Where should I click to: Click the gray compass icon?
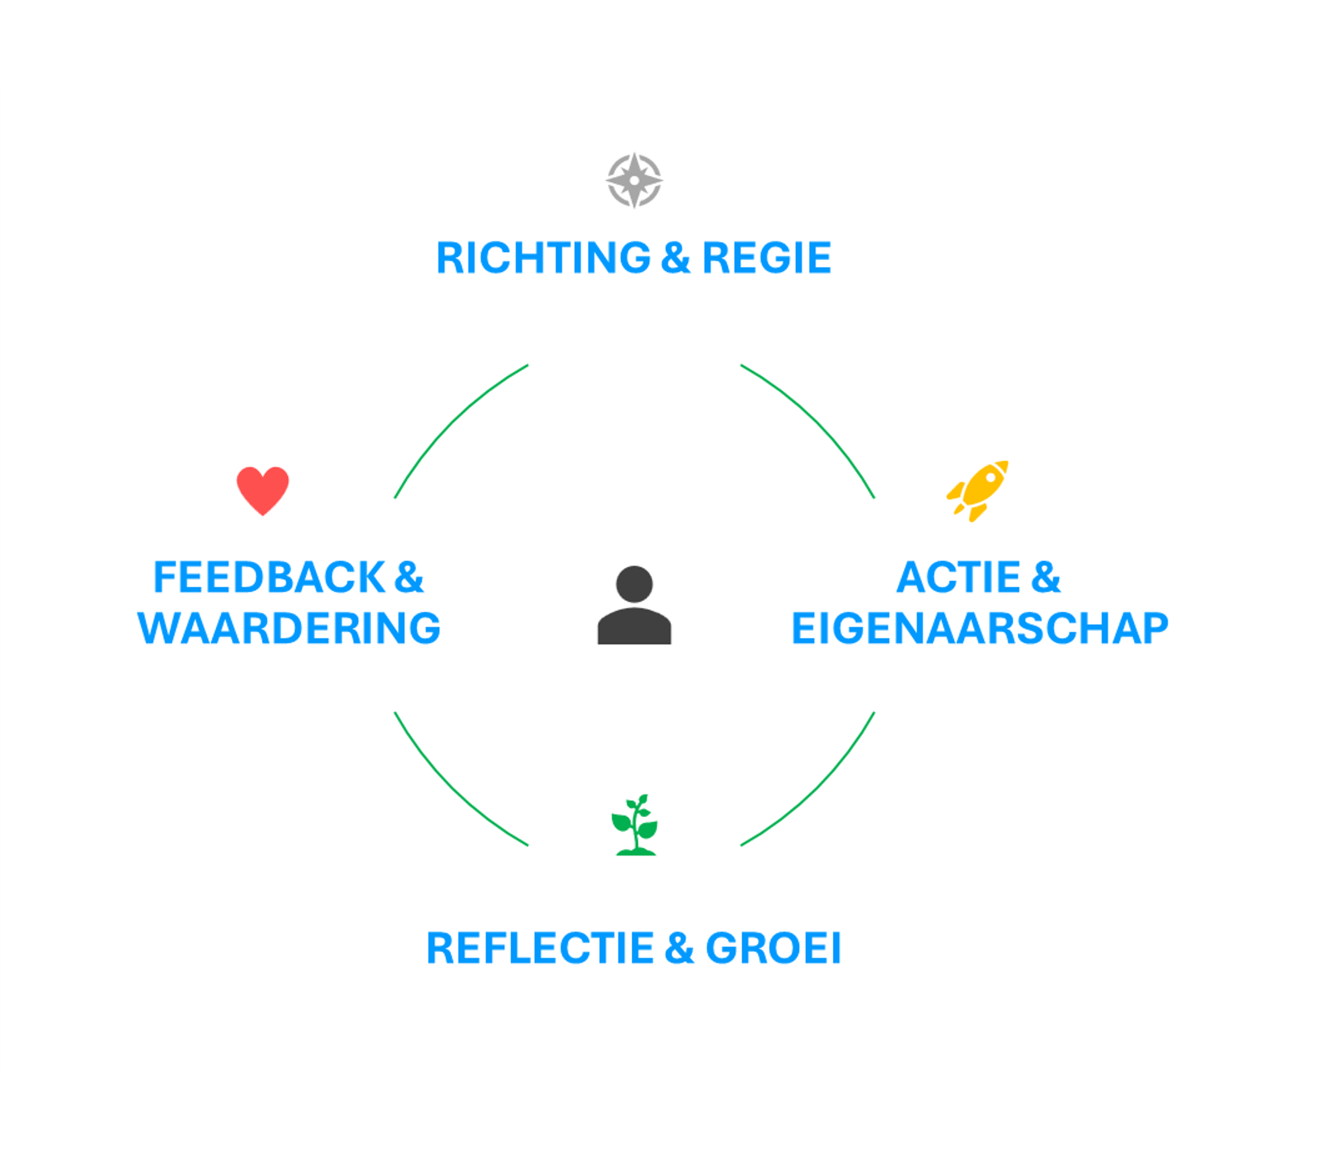click(635, 180)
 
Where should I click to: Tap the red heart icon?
click(263, 490)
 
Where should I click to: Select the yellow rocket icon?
click(978, 490)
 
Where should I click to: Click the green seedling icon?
click(635, 826)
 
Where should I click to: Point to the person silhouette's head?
click(635, 584)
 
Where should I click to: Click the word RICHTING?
click(543, 258)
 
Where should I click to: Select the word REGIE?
click(766, 258)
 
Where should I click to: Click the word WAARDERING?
click(289, 627)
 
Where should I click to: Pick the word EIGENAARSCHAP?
click(980, 627)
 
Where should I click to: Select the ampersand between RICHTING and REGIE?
click(675, 258)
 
